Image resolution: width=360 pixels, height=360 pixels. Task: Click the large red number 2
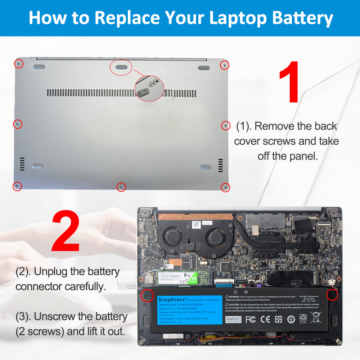66,232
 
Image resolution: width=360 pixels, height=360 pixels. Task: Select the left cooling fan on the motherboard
173,238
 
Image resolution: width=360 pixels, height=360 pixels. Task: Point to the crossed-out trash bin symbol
316,319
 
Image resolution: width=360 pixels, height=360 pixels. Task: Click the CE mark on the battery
265,319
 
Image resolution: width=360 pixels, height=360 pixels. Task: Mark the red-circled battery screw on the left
147,294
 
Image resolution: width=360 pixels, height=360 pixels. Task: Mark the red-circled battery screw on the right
332,295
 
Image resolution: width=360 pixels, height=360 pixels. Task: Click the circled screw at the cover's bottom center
122,187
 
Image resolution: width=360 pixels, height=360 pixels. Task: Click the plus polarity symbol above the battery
246,292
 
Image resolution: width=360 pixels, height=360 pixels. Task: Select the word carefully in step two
86,287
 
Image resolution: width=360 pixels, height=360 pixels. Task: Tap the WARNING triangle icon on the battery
227,297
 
